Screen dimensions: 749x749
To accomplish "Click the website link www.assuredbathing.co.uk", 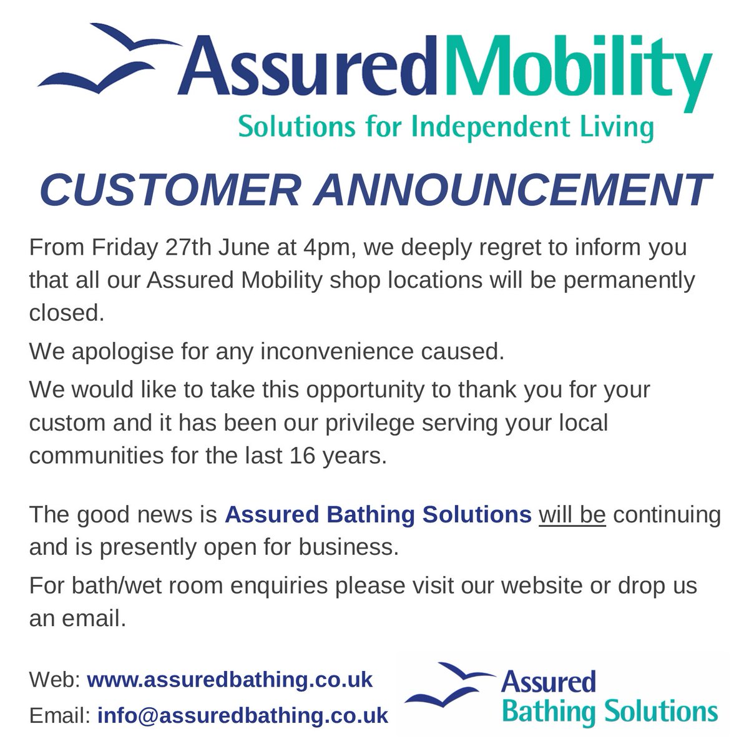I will pyautogui.click(x=229, y=678).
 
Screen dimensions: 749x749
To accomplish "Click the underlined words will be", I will pyautogui.click(x=572, y=516).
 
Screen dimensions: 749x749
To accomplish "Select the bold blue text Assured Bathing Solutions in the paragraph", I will pyautogui.click(x=378, y=516).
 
